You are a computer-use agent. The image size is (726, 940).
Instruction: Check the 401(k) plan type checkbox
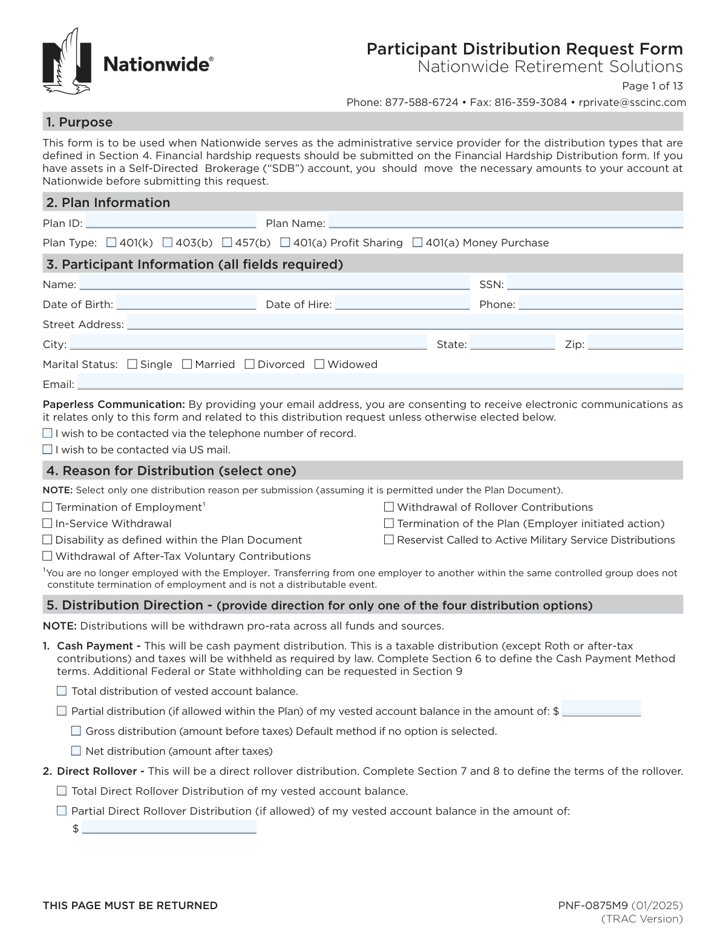coord(111,243)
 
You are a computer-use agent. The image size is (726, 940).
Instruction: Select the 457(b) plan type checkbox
coord(227,243)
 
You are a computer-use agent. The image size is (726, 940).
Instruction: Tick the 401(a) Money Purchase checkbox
coord(417,243)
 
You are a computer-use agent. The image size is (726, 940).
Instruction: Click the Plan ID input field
coord(171,222)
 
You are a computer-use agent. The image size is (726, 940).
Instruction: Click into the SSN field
coord(595,283)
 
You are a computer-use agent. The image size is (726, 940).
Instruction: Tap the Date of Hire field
coord(402,303)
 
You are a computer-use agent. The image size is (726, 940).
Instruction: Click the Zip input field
coord(635,343)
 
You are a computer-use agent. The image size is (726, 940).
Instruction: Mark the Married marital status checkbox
coord(187,364)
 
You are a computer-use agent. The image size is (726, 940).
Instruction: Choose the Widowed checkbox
coord(319,364)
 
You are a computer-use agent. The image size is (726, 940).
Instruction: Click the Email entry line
coord(380,383)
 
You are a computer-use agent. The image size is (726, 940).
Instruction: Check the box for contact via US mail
coord(48,450)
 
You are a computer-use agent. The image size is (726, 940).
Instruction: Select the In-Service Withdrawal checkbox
coord(47,524)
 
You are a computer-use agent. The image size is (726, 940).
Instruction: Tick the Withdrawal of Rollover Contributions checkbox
coord(389,507)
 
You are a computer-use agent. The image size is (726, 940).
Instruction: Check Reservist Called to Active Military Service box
coord(389,540)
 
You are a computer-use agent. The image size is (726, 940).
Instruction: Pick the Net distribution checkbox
coord(76,751)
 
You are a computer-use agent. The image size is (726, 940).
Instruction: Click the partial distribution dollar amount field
coord(601,709)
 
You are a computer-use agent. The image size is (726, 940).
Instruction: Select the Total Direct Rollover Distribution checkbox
coord(62,791)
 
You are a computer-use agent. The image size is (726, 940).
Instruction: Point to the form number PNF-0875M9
coord(593,905)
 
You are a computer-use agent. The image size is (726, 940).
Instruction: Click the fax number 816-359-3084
coord(531,102)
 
